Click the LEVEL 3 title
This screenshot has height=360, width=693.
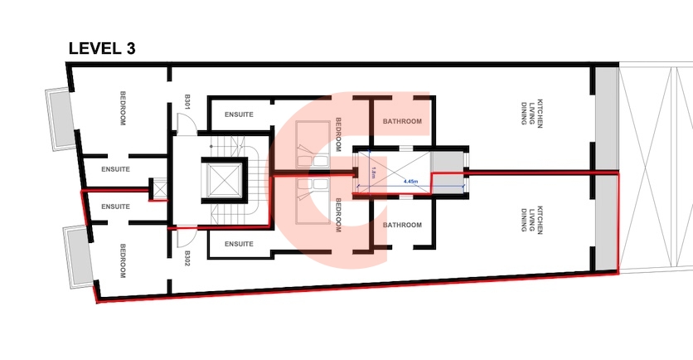tap(101, 48)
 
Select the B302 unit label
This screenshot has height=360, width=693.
tap(188, 258)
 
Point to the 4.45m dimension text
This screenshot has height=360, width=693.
tap(410, 181)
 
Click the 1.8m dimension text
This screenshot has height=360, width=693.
tap(374, 173)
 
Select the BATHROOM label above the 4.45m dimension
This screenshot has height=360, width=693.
tap(402, 122)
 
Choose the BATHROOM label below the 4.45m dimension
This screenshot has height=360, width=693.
tap(402, 225)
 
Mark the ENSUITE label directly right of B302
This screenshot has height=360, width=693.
tap(239, 244)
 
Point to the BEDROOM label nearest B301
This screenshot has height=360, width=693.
tap(123, 108)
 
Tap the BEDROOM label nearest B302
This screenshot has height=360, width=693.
tap(123, 260)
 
